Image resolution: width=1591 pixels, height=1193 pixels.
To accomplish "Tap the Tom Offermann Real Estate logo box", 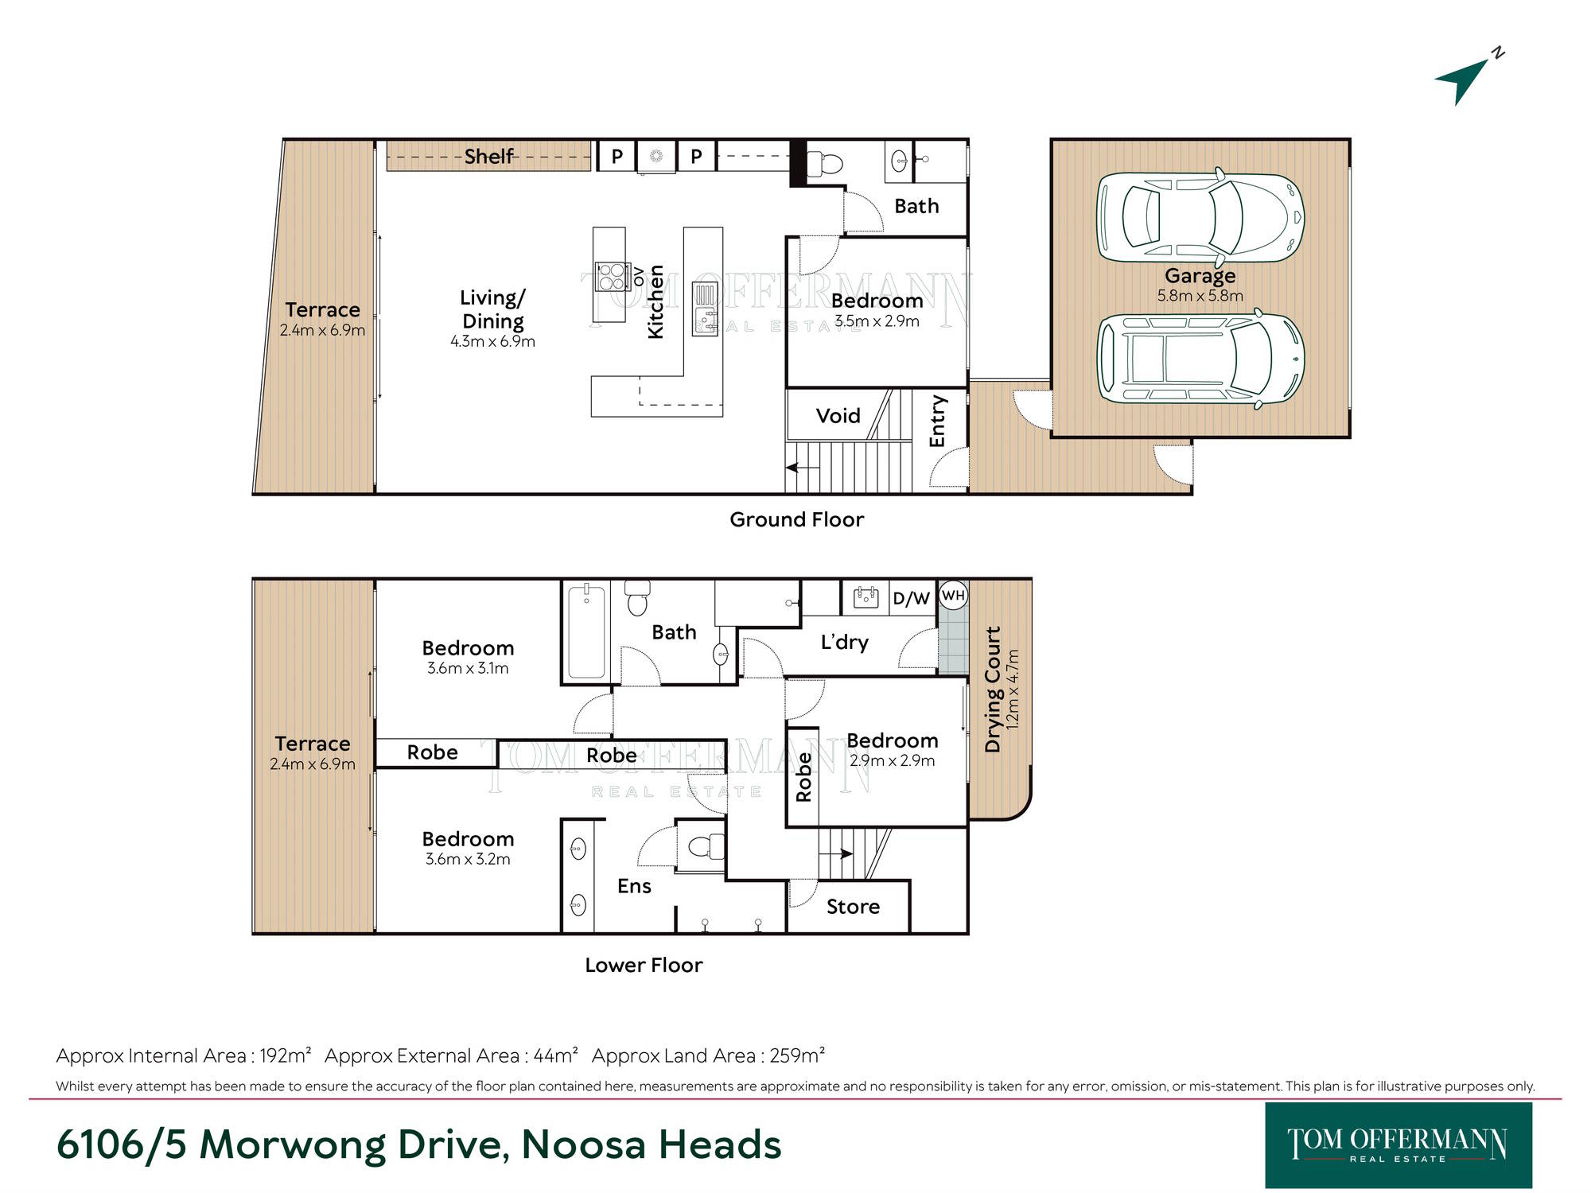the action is (x=1398, y=1144).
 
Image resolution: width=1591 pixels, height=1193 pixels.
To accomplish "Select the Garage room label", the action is (x=1200, y=275).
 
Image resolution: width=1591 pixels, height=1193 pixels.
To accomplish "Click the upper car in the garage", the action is (x=1200, y=217).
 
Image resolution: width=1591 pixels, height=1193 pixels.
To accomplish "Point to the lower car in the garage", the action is (x=1200, y=358).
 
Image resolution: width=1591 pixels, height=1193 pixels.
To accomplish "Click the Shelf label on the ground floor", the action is (x=489, y=156).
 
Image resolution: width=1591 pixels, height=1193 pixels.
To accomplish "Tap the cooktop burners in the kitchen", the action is (x=613, y=277).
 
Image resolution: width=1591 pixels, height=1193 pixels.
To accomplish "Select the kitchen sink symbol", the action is (x=705, y=309).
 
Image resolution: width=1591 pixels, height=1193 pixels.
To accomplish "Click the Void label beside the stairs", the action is (x=838, y=415).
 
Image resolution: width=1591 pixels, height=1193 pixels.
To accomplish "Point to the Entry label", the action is (x=937, y=421).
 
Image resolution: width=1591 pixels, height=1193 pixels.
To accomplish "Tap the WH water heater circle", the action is (x=953, y=595).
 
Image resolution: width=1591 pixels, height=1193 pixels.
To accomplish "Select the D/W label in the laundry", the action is (x=911, y=598).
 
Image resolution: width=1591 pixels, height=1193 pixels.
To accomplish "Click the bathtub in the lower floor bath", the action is (x=586, y=631).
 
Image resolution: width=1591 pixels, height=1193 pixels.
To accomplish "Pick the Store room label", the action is (x=853, y=907).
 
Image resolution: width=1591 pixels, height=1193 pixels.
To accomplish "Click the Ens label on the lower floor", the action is (x=634, y=886).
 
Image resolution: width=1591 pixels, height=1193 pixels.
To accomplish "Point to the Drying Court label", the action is (x=993, y=689).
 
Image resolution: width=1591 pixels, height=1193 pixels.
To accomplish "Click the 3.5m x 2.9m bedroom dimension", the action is (x=877, y=321).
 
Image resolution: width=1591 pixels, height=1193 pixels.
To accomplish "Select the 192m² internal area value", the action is (x=286, y=1055).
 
